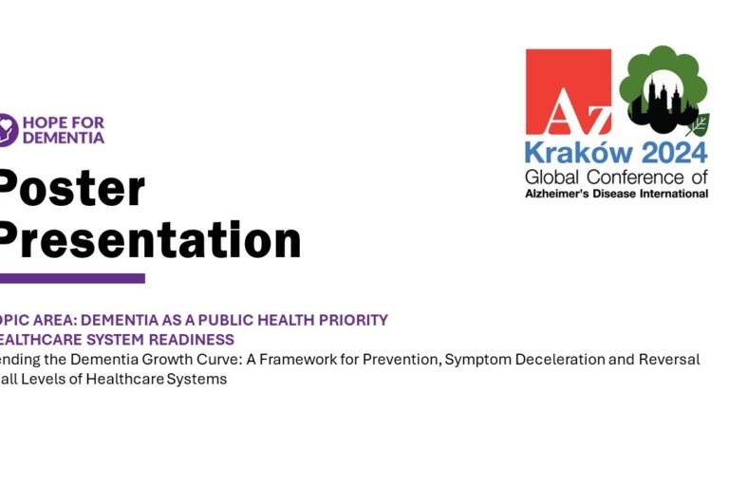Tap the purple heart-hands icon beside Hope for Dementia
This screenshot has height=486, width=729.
[7, 130]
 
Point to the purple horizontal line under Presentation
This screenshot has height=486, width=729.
[72, 278]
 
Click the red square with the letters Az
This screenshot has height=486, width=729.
[569, 91]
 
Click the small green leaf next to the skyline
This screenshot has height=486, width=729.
[698, 124]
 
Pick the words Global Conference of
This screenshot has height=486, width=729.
[616, 177]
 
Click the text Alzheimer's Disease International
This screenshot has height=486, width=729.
[616, 194]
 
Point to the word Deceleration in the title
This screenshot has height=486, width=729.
[554, 360]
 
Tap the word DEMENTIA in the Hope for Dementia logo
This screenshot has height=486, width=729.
[63, 138]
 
